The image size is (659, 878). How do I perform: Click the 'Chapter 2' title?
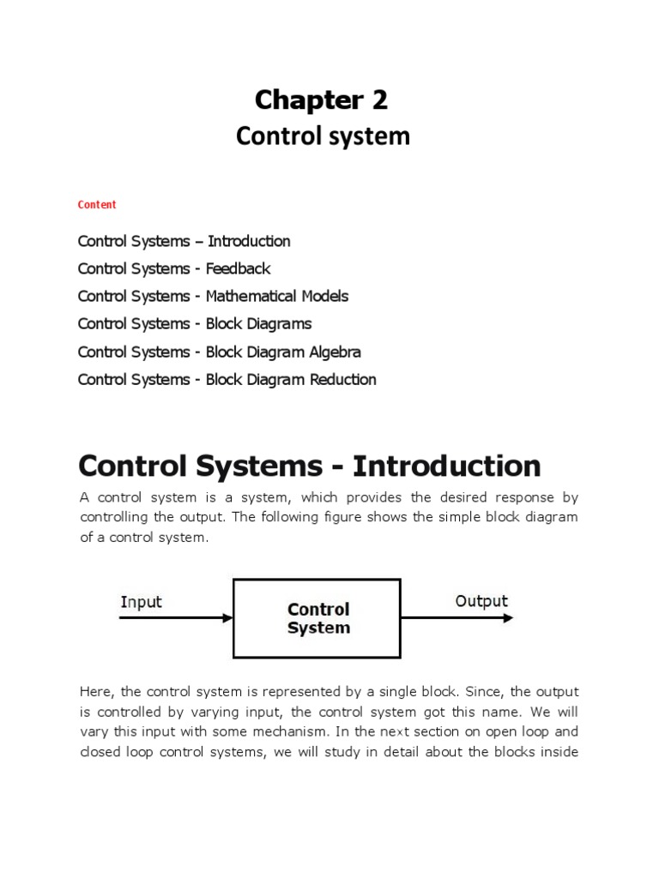click(322, 100)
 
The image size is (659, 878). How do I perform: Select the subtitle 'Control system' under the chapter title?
click(323, 136)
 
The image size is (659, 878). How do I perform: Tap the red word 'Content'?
click(97, 205)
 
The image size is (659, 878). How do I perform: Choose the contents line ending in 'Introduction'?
click(184, 241)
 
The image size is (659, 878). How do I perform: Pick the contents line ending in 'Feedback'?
click(174, 268)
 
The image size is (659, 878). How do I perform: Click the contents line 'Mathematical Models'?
click(213, 296)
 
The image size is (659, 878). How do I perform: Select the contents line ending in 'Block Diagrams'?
click(195, 323)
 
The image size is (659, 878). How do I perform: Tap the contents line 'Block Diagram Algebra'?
click(219, 352)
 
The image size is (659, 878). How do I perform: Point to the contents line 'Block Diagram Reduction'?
click(227, 379)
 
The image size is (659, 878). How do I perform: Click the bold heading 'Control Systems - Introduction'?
click(309, 466)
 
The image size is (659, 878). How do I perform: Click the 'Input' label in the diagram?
click(142, 602)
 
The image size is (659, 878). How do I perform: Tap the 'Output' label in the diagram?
click(481, 601)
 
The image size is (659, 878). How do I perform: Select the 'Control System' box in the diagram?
click(317, 618)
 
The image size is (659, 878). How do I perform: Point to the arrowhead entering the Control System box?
click(227, 617)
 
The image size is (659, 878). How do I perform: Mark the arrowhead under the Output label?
click(509, 617)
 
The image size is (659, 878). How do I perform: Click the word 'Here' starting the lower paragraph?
click(94, 691)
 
